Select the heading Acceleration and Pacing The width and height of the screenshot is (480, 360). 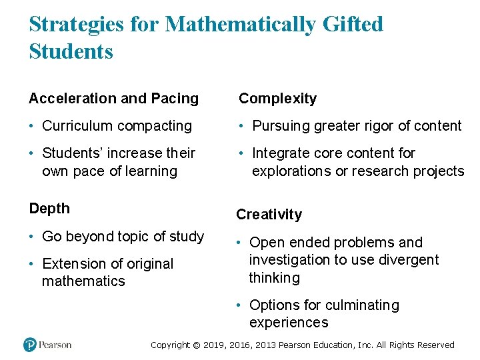[x=113, y=99]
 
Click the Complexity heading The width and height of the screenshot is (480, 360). [x=277, y=99]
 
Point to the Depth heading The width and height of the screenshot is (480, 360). [x=49, y=209]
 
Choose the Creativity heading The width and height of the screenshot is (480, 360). [x=269, y=215]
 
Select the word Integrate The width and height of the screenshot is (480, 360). [x=282, y=153]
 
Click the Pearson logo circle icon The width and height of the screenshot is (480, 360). [x=29, y=345]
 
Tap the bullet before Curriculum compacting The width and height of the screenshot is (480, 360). [x=32, y=126]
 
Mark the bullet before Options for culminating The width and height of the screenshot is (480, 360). [x=239, y=305]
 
